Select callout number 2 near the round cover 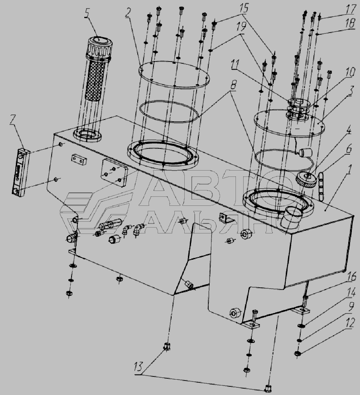point(128,13)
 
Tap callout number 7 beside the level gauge point(12,121)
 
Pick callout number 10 point(350,72)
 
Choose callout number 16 point(351,276)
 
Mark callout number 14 point(350,292)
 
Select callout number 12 point(350,323)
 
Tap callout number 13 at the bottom point(139,366)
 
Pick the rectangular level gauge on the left point(21,172)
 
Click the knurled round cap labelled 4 point(307,179)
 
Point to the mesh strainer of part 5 point(95,80)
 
